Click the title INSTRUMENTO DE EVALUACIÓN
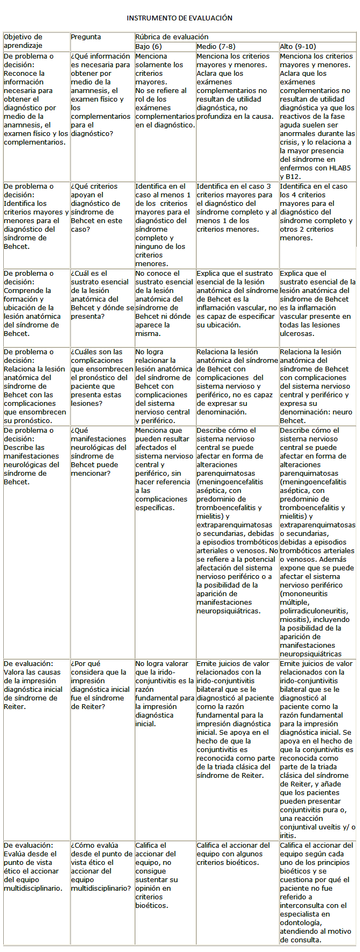[x=179, y=18]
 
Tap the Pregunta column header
[x=86, y=37]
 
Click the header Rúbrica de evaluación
[x=172, y=37]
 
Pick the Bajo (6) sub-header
[x=148, y=47]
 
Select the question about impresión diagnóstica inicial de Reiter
[x=100, y=685]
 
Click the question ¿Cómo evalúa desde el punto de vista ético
[x=101, y=867]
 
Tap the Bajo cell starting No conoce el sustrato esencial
[x=164, y=303]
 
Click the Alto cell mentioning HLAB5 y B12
[x=317, y=116]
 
